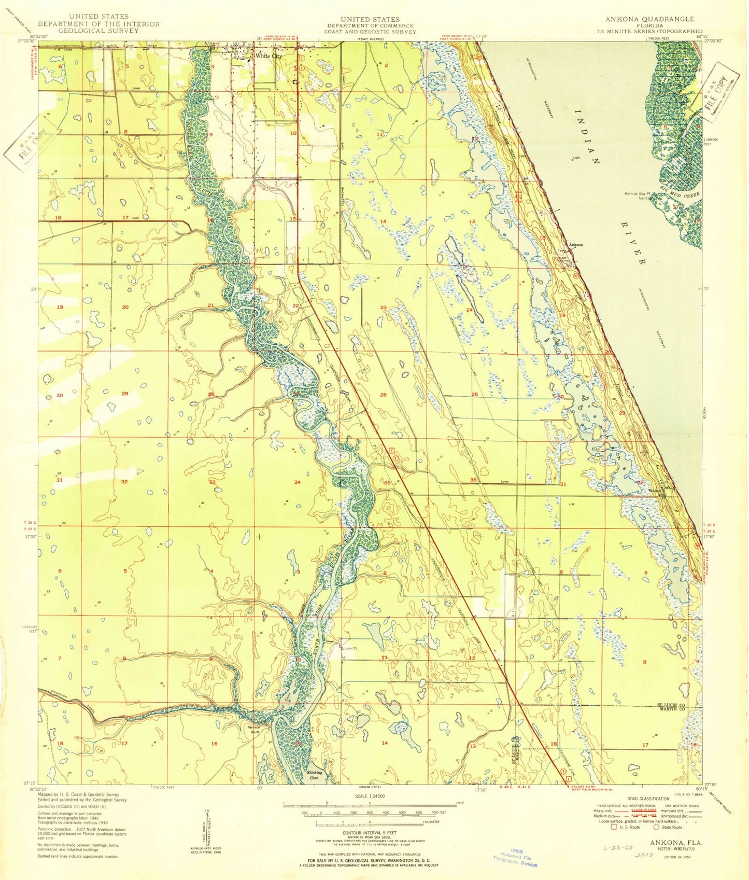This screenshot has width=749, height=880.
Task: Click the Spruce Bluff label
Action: tap(254, 730)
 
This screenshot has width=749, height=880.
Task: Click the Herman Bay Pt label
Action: tap(637, 194)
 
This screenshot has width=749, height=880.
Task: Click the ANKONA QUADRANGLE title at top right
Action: tap(649, 19)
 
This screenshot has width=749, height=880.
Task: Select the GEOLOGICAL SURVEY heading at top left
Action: tap(98, 31)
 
